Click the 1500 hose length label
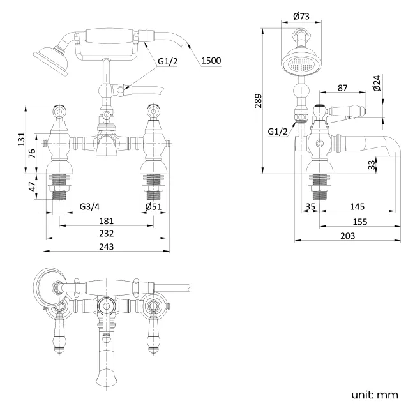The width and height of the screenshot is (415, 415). (x=211, y=61)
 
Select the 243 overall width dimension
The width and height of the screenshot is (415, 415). (x=107, y=247)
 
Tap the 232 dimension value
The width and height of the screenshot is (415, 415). (x=107, y=234)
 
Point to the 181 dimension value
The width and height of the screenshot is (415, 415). (x=107, y=221)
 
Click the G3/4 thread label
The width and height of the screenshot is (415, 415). (x=89, y=206)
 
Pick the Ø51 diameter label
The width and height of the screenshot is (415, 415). (x=153, y=206)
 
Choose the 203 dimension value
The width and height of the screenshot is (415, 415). (x=347, y=236)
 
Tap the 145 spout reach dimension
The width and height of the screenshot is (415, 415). (x=357, y=207)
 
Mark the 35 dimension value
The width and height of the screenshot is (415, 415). (x=311, y=207)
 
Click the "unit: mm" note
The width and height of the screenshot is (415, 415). (x=375, y=394)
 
